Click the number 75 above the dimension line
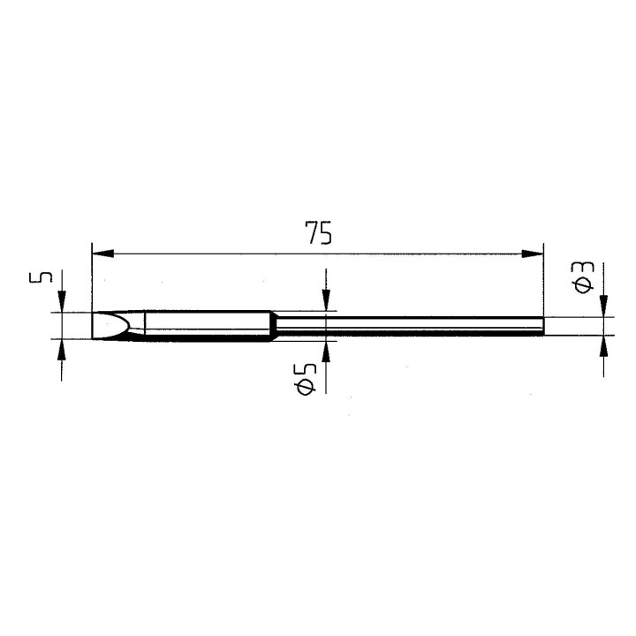coord(318,233)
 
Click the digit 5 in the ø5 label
coord(307,364)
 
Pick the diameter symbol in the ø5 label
coord(307,387)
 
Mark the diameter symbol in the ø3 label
coord(584,285)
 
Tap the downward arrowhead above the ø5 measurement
coord(326,302)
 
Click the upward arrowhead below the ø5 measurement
coord(326,349)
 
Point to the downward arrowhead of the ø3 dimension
coord(603,307)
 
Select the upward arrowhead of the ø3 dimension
coord(603,345)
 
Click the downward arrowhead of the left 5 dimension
coord(61,305)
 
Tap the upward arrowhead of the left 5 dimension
coord(61,348)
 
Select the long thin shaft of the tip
coord(406,326)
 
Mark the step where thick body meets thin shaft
coord(275,326)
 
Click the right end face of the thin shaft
coord(543,326)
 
